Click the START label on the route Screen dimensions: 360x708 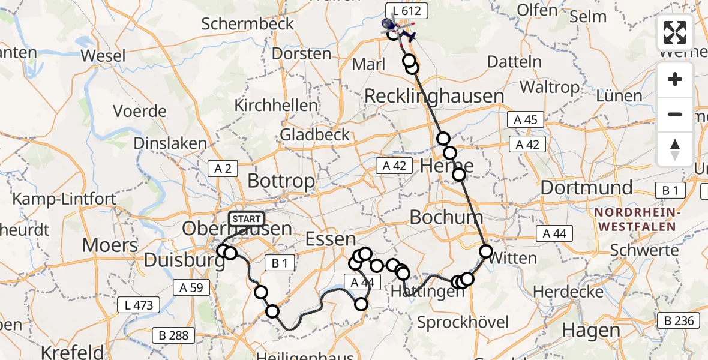click(246, 219)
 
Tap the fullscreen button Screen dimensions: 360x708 click(675, 32)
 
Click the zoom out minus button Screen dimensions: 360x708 click(675, 114)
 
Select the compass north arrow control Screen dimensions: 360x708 click(675, 149)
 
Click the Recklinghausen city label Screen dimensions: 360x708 click(434, 96)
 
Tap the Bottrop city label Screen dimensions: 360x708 click(281, 181)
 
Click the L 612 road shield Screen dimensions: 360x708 click(407, 10)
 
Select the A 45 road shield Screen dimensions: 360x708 click(526, 119)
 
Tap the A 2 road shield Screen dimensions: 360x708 click(223, 169)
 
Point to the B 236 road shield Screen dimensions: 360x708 click(679, 321)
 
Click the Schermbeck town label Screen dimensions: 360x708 click(248, 24)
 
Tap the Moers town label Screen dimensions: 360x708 click(110, 245)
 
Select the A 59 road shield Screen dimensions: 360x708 click(191, 287)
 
